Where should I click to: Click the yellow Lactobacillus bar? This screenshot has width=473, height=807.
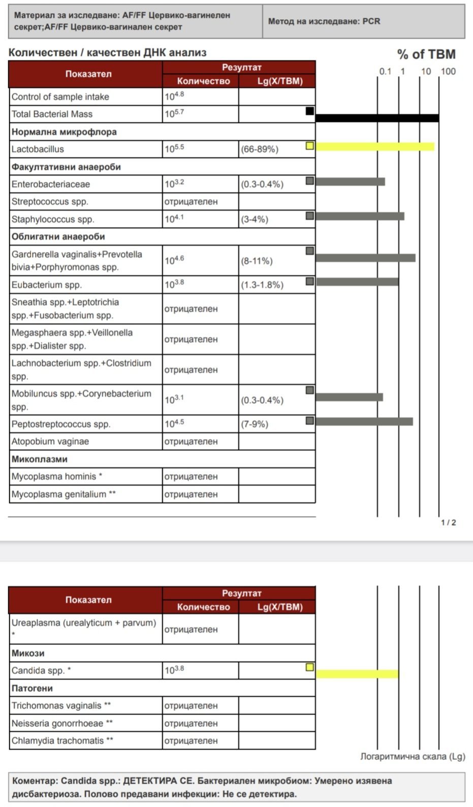(x=375, y=147)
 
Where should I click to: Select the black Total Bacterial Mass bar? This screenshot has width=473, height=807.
(x=377, y=118)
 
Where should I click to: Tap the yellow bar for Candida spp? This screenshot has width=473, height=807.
(x=357, y=674)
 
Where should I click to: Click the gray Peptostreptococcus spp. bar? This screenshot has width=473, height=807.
(x=364, y=421)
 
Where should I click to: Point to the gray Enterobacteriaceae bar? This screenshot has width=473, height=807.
(x=350, y=181)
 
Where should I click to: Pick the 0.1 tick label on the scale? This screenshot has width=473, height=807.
(x=385, y=71)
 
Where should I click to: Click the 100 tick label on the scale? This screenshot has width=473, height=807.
(x=448, y=71)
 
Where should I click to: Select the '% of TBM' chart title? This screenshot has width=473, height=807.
(x=426, y=54)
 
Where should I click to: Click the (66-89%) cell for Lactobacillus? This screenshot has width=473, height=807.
(x=260, y=149)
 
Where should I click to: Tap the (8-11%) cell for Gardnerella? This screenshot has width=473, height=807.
(x=257, y=261)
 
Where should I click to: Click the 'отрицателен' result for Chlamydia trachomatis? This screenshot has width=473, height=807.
(x=191, y=740)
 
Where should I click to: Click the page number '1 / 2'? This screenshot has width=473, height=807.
(x=448, y=523)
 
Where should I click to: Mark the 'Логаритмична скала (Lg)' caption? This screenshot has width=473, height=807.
(x=413, y=756)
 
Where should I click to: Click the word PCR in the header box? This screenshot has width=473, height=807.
(x=371, y=21)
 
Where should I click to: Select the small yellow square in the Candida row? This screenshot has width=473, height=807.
(x=309, y=667)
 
